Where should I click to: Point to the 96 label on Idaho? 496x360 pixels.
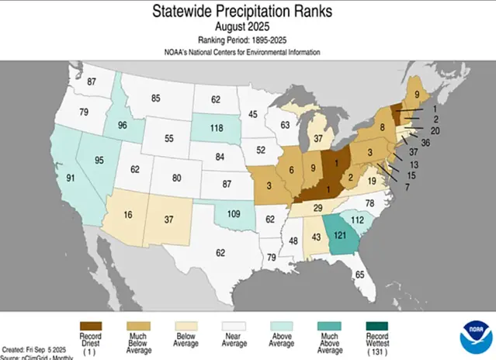click(101, 126)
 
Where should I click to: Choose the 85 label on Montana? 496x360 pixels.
click(155, 99)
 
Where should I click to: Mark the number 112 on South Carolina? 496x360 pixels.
click(356, 220)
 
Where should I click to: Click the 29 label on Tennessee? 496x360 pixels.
click(317, 208)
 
